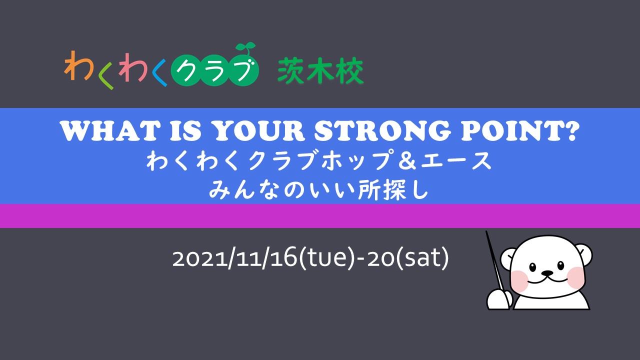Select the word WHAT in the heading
tap(110, 131)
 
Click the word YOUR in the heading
tap(259, 131)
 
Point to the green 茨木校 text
tap(320, 70)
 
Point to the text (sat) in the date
tap(423, 258)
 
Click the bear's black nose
tap(546, 273)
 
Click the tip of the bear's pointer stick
tap(486, 231)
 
